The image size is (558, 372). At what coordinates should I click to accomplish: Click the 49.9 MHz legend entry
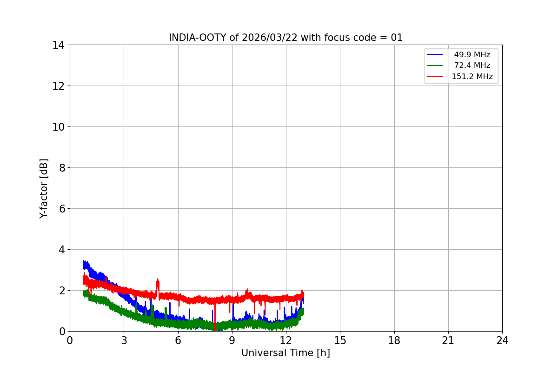click(472, 55)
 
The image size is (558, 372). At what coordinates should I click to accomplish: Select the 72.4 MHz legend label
click(472, 66)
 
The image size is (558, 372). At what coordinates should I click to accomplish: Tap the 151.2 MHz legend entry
click(472, 76)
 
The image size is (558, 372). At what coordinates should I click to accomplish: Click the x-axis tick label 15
click(340, 340)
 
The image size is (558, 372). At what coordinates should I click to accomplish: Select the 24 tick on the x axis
click(502, 340)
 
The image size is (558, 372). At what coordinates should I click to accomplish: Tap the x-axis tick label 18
click(394, 340)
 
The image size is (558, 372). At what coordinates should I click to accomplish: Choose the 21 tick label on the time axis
click(448, 340)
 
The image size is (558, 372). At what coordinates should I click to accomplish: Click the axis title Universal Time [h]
click(286, 353)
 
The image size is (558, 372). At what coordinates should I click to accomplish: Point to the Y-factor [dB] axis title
click(44, 188)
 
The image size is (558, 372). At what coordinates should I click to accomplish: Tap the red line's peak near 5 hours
click(158, 279)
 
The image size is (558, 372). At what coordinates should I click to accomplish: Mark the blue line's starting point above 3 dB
click(83, 261)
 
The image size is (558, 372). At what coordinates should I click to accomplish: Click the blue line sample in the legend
click(435, 55)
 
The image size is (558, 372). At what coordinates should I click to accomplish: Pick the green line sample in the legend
click(435, 66)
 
